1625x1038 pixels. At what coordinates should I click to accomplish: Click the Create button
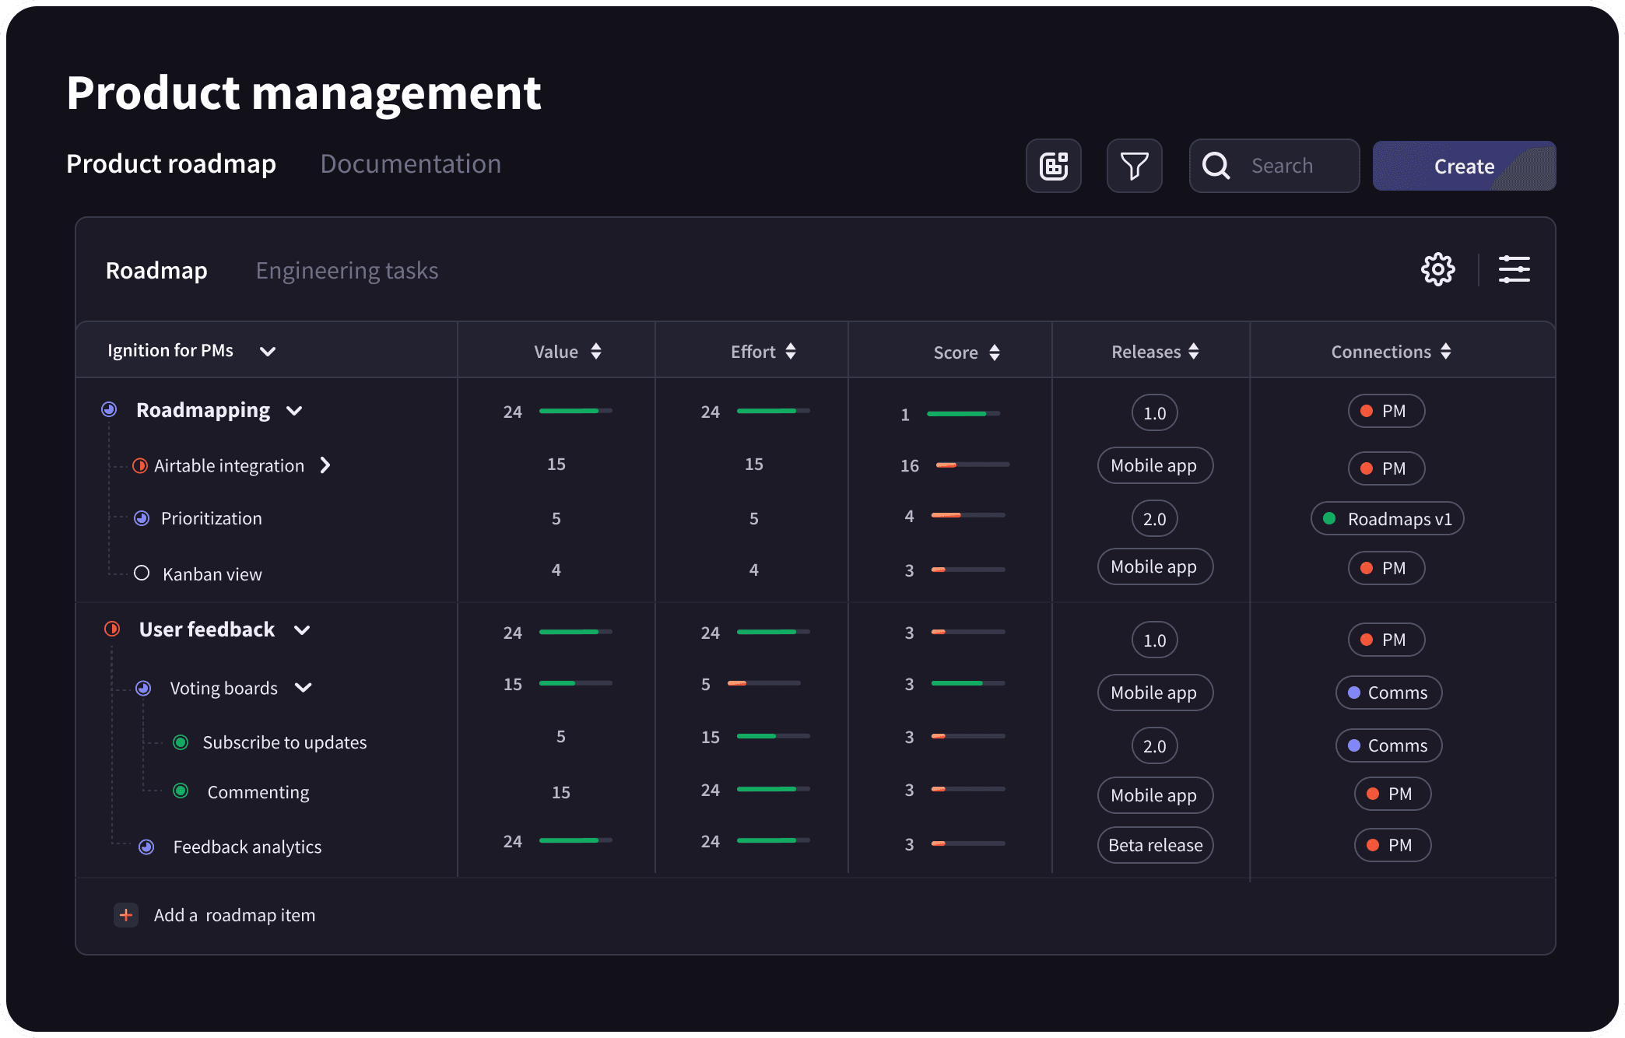[1464, 166]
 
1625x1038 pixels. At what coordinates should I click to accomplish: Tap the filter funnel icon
[1134, 166]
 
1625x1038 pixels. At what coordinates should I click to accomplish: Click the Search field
[1274, 166]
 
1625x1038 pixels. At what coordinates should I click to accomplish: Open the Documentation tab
[411, 164]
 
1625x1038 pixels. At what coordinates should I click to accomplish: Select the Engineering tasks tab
[347, 271]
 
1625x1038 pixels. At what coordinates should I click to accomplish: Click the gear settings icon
[1437, 269]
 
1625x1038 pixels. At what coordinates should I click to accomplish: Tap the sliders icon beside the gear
[1514, 269]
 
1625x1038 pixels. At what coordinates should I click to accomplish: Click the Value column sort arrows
[596, 352]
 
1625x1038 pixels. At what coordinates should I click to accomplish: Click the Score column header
[956, 352]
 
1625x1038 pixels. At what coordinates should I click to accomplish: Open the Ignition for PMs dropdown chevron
[268, 352]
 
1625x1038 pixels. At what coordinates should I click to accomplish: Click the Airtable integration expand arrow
[325, 465]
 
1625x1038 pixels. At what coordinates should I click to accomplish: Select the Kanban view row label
[212, 574]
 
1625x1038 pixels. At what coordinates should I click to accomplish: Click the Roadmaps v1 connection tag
[1388, 519]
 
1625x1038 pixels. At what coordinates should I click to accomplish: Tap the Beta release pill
[1156, 845]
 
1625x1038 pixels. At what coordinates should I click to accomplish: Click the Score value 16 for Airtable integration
[910, 466]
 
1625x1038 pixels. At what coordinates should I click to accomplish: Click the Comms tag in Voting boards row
[1389, 693]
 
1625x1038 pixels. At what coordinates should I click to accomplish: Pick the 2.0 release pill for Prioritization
[1155, 519]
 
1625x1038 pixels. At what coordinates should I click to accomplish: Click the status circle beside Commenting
[181, 791]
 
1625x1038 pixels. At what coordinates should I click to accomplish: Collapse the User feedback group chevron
[302, 630]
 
